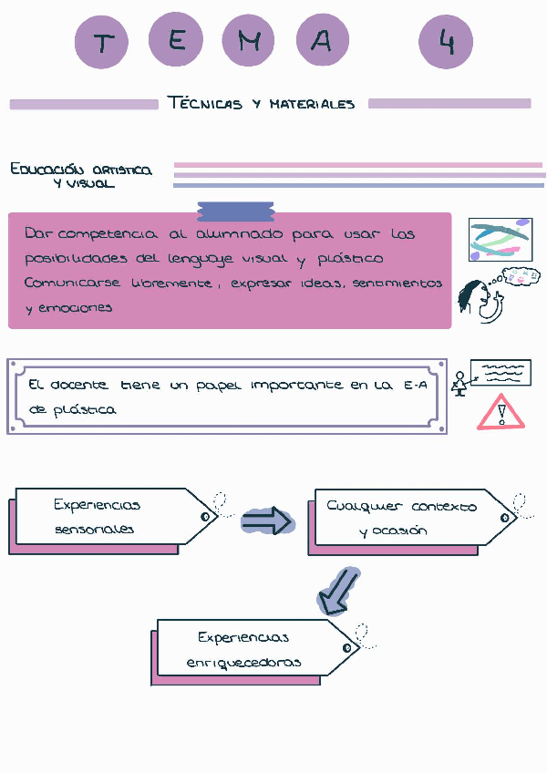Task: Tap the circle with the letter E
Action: (x=177, y=42)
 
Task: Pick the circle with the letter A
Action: (x=321, y=42)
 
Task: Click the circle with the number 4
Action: (x=447, y=42)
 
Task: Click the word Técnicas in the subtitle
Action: (x=205, y=103)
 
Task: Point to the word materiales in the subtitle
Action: (x=312, y=104)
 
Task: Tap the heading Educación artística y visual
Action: (x=81, y=176)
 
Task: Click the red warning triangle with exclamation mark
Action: (x=501, y=412)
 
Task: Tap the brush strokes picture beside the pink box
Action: (x=499, y=238)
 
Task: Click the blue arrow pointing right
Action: (x=267, y=521)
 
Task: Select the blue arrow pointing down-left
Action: (x=337, y=593)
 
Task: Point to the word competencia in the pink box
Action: (x=114, y=234)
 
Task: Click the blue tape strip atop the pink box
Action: (x=234, y=211)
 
